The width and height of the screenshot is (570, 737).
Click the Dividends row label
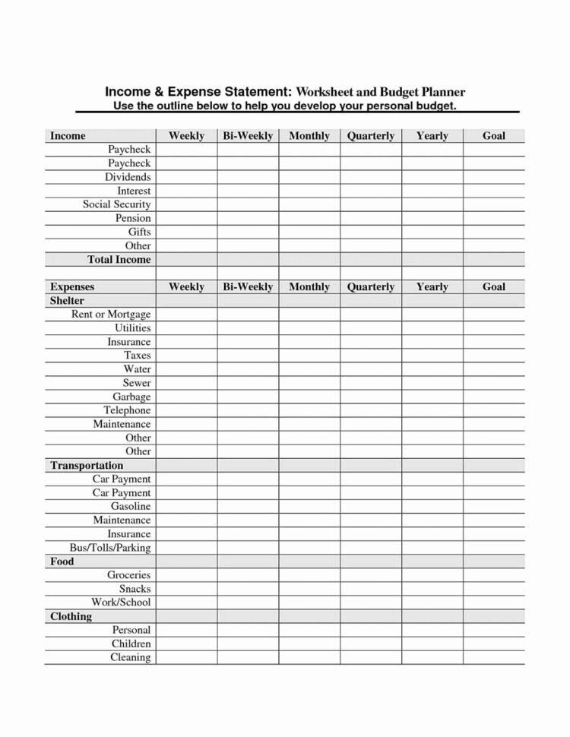tap(128, 177)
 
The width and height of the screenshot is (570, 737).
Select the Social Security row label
tap(116, 204)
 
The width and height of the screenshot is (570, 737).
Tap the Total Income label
tap(119, 259)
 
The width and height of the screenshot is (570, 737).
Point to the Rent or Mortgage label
tap(111, 314)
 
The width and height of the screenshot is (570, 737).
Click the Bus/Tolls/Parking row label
tap(109, 547)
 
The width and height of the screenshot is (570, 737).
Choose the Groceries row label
tap(128, 575)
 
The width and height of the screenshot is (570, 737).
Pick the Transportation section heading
tap(87, 465)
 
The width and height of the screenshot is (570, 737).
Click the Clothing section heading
tap(71, 616)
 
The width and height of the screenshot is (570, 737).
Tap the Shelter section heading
tap(67, 301)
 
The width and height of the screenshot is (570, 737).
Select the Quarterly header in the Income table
tap(371, 136)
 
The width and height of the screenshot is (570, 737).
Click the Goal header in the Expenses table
tap(494, 286)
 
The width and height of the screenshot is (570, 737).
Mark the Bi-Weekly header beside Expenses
tap(248, 286)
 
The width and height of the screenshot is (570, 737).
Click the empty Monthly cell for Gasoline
tap(309, 506)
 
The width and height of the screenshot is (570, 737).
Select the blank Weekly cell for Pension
tap(186, 218)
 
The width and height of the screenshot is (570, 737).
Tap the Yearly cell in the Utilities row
tap(432, 328)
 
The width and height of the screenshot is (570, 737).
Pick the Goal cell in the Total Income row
tap(494, 259)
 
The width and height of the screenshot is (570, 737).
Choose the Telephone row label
tap(127, 410)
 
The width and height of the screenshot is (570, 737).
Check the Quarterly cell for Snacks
tap(371, 589)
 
